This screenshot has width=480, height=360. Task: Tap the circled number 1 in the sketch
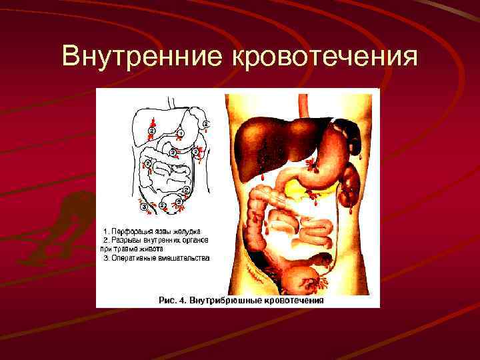180,133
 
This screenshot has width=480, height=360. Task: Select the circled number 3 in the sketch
144,207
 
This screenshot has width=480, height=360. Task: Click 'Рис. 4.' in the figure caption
173,300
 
